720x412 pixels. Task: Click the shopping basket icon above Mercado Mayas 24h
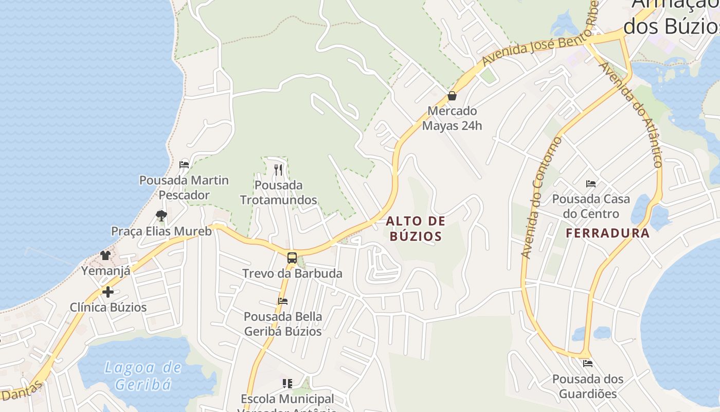[x=452, y=96]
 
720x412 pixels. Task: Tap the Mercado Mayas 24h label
[x=452, y=118]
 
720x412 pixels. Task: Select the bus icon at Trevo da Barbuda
[x=292, y=258]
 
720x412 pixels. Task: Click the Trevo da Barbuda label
[x=292, y=273]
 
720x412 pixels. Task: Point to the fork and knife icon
[x=278, y=169]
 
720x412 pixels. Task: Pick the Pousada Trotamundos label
[x=278, y=192]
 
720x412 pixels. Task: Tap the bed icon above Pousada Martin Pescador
[x=184, y=165]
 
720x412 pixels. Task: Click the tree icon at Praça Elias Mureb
[x=161, y=215]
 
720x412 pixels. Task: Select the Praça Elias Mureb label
[x=161, y=231]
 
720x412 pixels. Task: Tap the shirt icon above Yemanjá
[x=105, y=255]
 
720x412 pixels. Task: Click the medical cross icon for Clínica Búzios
[x=108, y=292]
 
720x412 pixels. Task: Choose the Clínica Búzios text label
[x=108, y=307]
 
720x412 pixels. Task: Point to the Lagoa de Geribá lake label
[x=143, y=375]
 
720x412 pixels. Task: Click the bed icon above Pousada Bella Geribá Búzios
[x=282, y=301]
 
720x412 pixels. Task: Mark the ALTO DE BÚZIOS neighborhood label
[x=415, y=229]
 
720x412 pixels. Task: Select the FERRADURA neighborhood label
[x=607, y=233]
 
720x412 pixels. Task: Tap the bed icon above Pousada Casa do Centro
[x=591, y=183]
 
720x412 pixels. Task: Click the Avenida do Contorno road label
[x=542, y=198]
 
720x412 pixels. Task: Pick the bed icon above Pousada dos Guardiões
[x=588, y=364]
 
